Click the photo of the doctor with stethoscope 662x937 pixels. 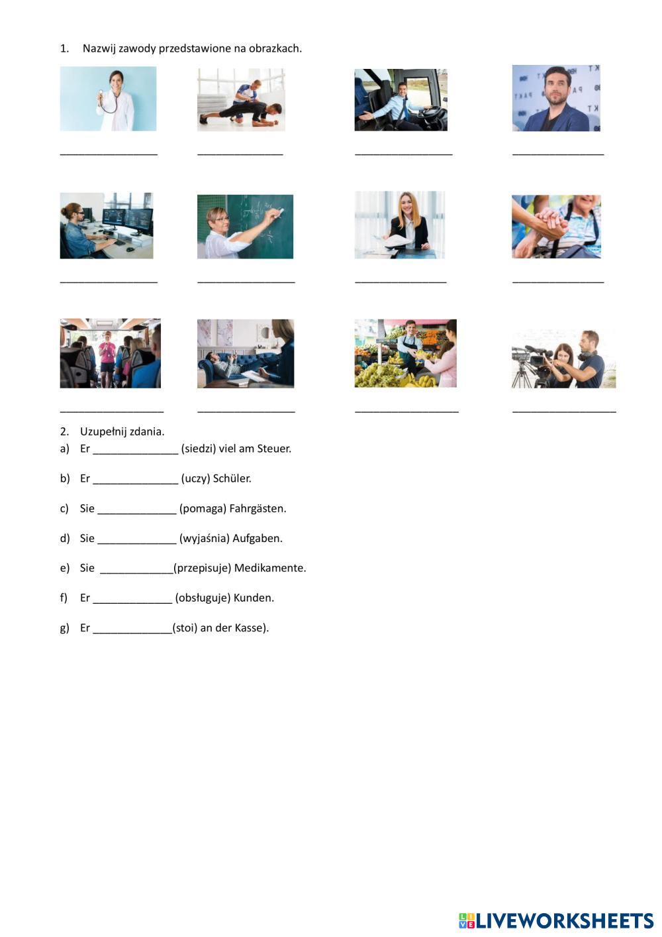pos(108,98)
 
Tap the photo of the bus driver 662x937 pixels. pos(401,99)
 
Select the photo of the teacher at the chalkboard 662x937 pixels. pos(245,226)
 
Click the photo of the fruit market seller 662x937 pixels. pos(405,353)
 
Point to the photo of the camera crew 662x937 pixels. pos(563,358)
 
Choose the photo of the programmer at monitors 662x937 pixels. pos(106,225)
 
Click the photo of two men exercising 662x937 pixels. pos(241,99)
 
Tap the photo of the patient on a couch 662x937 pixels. pos(245,353)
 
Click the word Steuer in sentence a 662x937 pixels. pos(273,449)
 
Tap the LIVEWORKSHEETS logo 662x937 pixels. pos(556,920)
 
